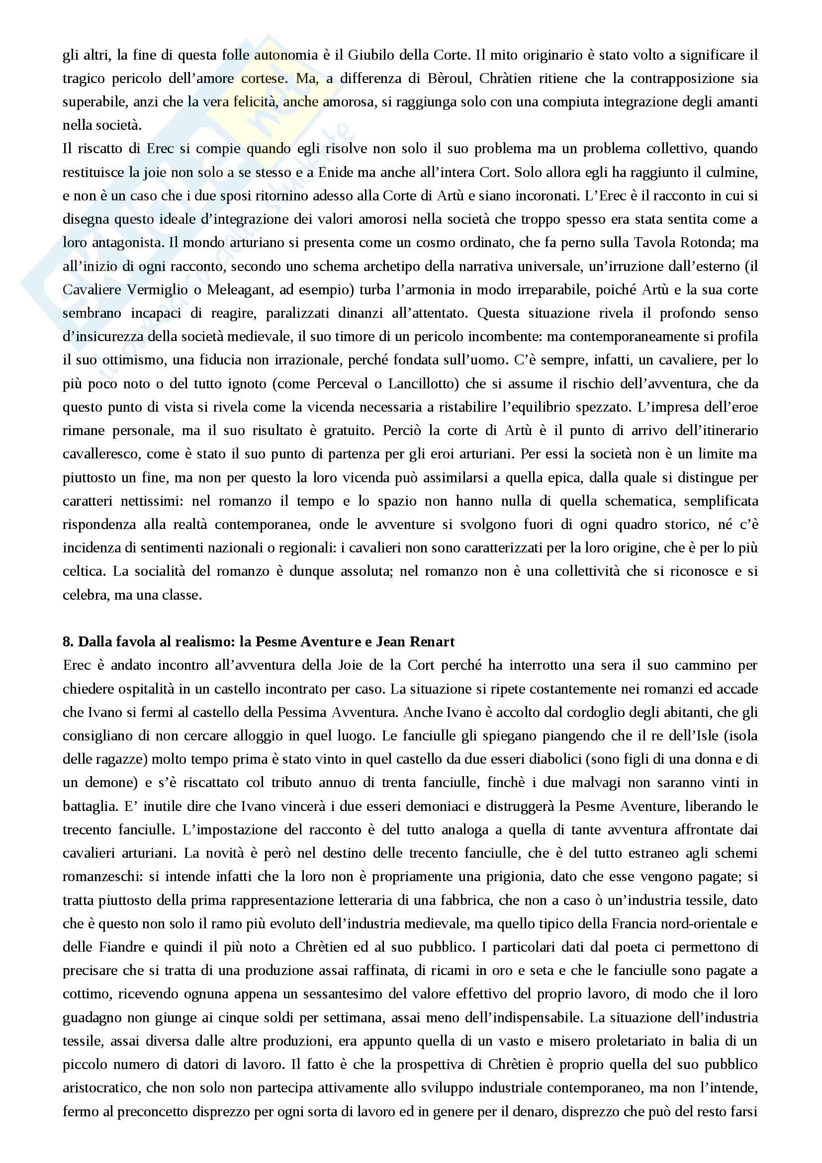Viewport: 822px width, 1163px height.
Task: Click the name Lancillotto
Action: click(x=423, y=383)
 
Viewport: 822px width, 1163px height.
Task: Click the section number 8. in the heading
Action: click(x=68, y=642)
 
